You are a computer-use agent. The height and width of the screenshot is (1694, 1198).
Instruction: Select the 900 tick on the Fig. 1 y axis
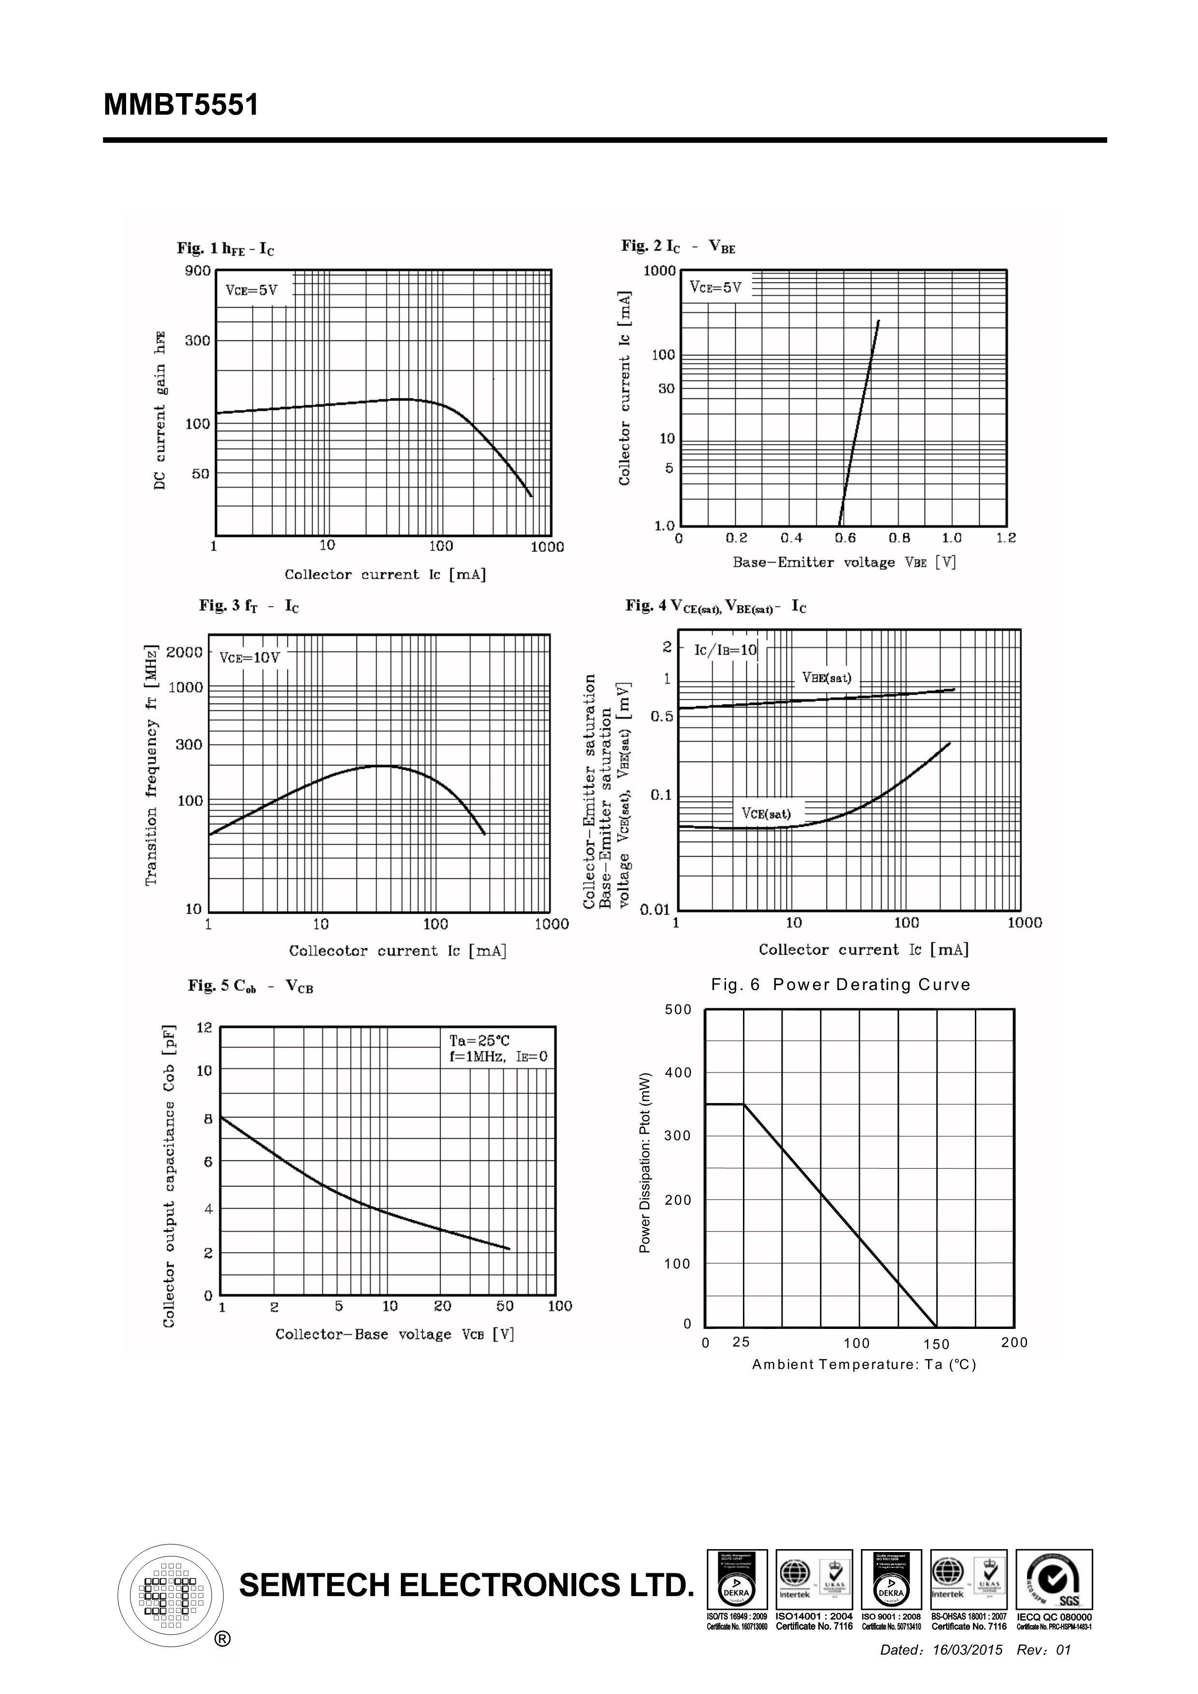click(198, 271)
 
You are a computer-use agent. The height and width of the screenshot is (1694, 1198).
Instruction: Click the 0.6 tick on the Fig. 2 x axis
click(846, 538)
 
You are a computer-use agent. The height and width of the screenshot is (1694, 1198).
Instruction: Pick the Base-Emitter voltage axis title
click(844, 562)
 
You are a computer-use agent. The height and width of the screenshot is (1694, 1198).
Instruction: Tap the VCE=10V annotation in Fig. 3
click(249, 657)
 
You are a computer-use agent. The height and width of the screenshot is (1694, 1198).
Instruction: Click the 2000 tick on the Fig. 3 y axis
click(185, 652)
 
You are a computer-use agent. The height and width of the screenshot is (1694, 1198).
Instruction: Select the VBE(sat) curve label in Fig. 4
click(827, 678)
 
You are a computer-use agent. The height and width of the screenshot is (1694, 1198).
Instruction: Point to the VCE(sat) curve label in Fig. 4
click(766, 814)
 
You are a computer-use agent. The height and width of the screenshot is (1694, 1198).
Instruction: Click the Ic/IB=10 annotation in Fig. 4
click(726, 650)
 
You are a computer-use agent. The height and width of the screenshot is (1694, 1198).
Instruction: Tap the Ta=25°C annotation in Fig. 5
click(480, 1041)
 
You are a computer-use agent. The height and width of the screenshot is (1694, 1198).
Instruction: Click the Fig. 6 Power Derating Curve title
click(841, 985)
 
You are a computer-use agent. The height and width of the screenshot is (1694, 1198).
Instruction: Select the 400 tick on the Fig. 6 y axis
click(678, 1073)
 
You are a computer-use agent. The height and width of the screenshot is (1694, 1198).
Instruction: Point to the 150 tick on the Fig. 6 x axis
click(936, 1344)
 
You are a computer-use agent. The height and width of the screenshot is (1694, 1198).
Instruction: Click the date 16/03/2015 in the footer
click(968, 1650)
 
